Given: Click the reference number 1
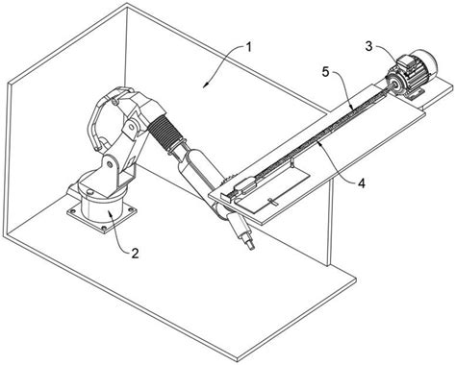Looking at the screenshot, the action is click(248, 48).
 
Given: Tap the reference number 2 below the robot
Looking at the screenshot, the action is click(135, 254).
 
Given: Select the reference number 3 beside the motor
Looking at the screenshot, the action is click(369, 46).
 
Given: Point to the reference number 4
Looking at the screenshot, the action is click(362, 183).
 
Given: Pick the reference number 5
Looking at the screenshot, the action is click(325, 72).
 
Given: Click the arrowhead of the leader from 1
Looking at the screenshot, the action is click(206, 85).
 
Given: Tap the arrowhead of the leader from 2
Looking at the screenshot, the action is click(110, 212).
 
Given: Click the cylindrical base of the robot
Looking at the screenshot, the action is click(102, 208).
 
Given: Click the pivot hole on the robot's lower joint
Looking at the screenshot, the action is click(110, 164).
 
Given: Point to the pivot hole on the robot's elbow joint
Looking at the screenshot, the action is click(132, 126).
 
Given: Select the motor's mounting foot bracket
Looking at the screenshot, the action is click(415, 93).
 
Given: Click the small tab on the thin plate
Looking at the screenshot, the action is click(272, 202).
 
